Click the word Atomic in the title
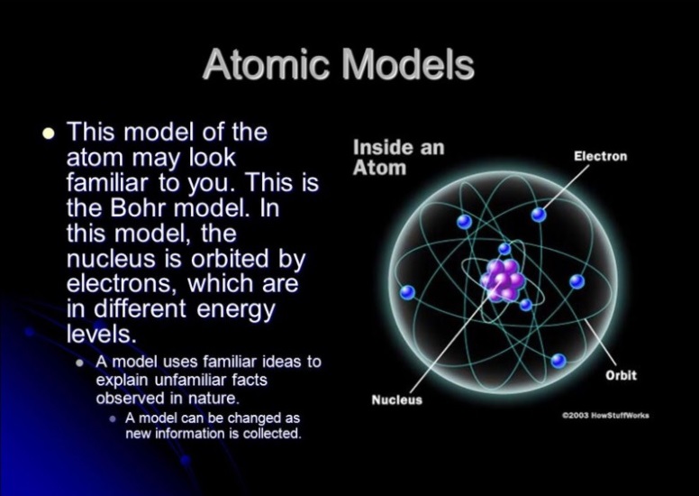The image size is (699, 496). (x=266, y=64)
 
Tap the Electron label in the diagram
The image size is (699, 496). (x=600, y=156)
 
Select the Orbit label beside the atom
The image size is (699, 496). (x=621, y=375)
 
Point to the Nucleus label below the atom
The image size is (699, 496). (x=396, y=400)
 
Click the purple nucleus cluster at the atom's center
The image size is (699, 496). (x=503, y=279)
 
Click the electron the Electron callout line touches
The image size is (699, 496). (x=539, y=215)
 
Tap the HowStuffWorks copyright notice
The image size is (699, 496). (x=605, y=415)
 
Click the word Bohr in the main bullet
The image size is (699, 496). (x=138, y=207)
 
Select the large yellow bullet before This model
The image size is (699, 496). (x=49, y=133)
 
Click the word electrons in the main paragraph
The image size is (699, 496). (x=119, y=284)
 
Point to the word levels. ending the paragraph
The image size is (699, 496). (x=101, y=334)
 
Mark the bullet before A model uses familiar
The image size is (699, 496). (x=80, y=363)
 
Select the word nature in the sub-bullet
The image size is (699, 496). (x=213, y=399)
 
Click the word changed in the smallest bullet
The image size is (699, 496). (x=250, y=418)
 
